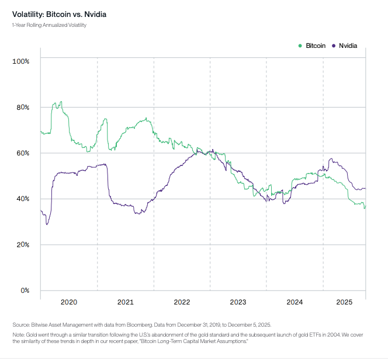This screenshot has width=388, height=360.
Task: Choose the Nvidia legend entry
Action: (x=347, y=45)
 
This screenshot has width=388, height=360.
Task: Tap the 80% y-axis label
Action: (x=23, y=107)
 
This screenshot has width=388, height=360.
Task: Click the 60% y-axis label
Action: (x=23, y=153)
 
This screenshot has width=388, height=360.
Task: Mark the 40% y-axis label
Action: (x=23, y=199)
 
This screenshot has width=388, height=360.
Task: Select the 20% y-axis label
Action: (x=23, y=244)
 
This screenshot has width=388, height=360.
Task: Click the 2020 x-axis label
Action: (x=69, y=302)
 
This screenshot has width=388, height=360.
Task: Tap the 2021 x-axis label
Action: (x=126, y=302)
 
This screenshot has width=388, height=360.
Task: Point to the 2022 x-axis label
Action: (x=182, y=302)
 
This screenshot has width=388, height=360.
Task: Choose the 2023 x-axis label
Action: (x=238, y=302)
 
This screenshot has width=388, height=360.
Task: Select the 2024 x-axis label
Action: (x=295, y=302)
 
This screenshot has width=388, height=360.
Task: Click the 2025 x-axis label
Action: (x=345, y=302)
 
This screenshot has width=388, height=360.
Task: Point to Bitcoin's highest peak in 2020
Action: (x=60, y=102)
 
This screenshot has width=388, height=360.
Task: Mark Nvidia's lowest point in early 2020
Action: (x=47, y=224)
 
